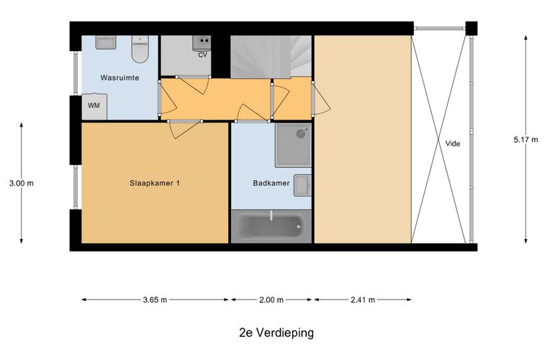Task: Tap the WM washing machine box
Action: click(94, 105)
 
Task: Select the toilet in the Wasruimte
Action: click(140, 50)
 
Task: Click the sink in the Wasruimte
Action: click(105, 42)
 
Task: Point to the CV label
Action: click(203, 54)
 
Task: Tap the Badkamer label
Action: click(271, 184)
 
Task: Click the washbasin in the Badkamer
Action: click(303, 184)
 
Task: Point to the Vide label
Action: click(453, 143)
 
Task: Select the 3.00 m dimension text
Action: click(21, 184)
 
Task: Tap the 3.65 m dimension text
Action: click(154, 300)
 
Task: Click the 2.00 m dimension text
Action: click(271, 300)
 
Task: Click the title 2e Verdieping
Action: click(276, 333)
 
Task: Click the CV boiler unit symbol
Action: click(202, 42)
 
